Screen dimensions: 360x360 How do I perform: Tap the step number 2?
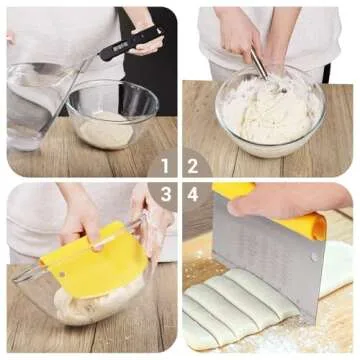tap(192, 165)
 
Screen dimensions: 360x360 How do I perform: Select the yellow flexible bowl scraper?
tap(90, 262)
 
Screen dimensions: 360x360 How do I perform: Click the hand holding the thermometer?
tap(146, 38)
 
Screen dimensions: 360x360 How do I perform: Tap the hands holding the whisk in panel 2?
tap(240, 35)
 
